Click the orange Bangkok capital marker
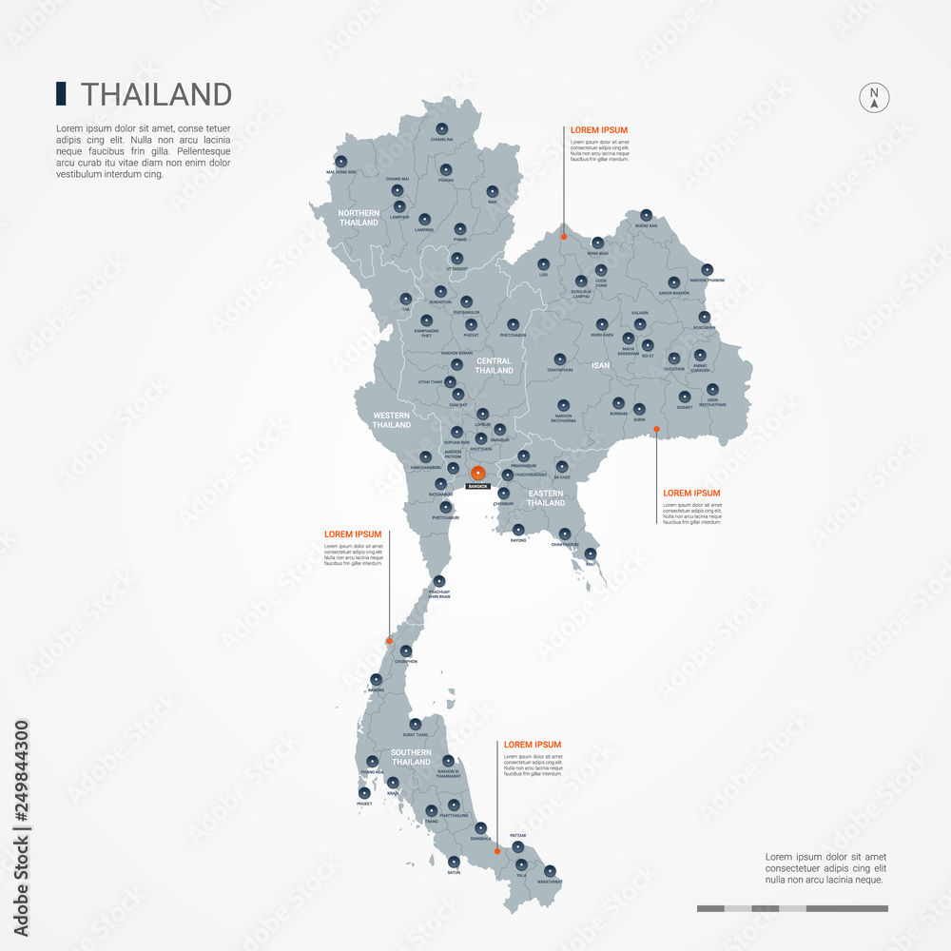point(478,473)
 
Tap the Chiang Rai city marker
point(441,129)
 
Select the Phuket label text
point(364,804)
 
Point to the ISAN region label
point(600,365)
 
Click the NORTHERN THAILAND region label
point(359,218)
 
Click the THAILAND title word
point(157,94)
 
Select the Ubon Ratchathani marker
point(712,389)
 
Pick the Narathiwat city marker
point(550,870)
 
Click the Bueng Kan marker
point(647,215)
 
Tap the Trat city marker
point(591,553)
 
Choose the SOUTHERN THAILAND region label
point(411,757)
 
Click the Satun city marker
point(454,861)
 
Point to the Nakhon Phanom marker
point(707,270)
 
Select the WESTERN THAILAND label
point(392,419)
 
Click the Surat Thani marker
point(415,724)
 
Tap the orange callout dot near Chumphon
point(389,642)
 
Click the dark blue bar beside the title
point(61,93)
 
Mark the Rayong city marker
point(518,530)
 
